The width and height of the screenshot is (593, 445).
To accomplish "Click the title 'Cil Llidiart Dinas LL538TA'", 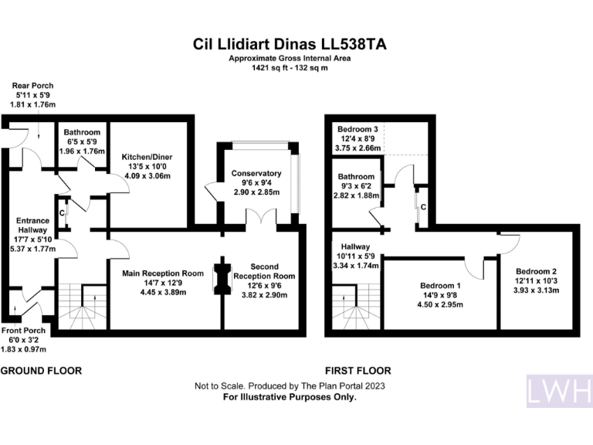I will (290, 45).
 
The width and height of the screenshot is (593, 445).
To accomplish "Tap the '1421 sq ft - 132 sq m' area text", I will (290, 69).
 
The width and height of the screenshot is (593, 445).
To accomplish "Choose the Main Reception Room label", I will (162, 273).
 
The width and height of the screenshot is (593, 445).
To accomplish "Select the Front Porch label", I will (22, 331).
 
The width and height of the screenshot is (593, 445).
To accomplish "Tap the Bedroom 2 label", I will (536, 272).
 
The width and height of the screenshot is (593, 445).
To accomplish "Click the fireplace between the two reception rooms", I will (222, 278).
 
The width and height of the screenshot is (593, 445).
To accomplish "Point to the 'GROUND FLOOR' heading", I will (41, 371).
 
